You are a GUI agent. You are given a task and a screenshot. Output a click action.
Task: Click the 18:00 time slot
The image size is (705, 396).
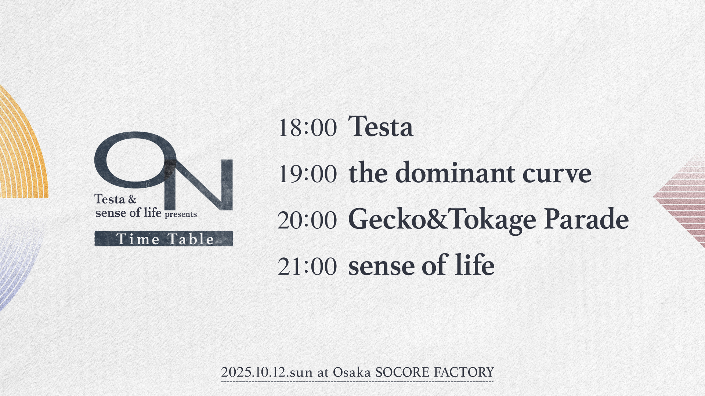[307, 128]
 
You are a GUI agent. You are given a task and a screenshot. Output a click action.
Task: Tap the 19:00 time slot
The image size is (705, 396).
[307, 174]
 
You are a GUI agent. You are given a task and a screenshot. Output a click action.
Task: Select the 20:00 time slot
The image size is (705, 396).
[307, 220]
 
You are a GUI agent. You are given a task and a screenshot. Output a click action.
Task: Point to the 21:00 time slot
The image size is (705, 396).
[307, 266]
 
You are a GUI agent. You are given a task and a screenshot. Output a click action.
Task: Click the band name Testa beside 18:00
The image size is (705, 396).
[381, 127]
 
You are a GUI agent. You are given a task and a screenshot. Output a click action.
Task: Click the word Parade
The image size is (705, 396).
[586, 219]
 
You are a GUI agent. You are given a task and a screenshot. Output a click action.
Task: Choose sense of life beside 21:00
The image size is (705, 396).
[421, 265]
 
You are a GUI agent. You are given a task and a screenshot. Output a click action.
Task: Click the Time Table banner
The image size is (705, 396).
[163, 239]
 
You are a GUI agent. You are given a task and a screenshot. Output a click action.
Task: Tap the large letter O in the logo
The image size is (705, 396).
[134, 159]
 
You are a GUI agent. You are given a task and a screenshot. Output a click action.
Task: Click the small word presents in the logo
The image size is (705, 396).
[181, 214]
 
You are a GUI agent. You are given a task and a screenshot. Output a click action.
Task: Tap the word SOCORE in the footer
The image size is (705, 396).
[402, 373]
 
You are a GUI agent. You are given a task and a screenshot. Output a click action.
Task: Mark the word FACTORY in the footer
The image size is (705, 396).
[464, 373]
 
